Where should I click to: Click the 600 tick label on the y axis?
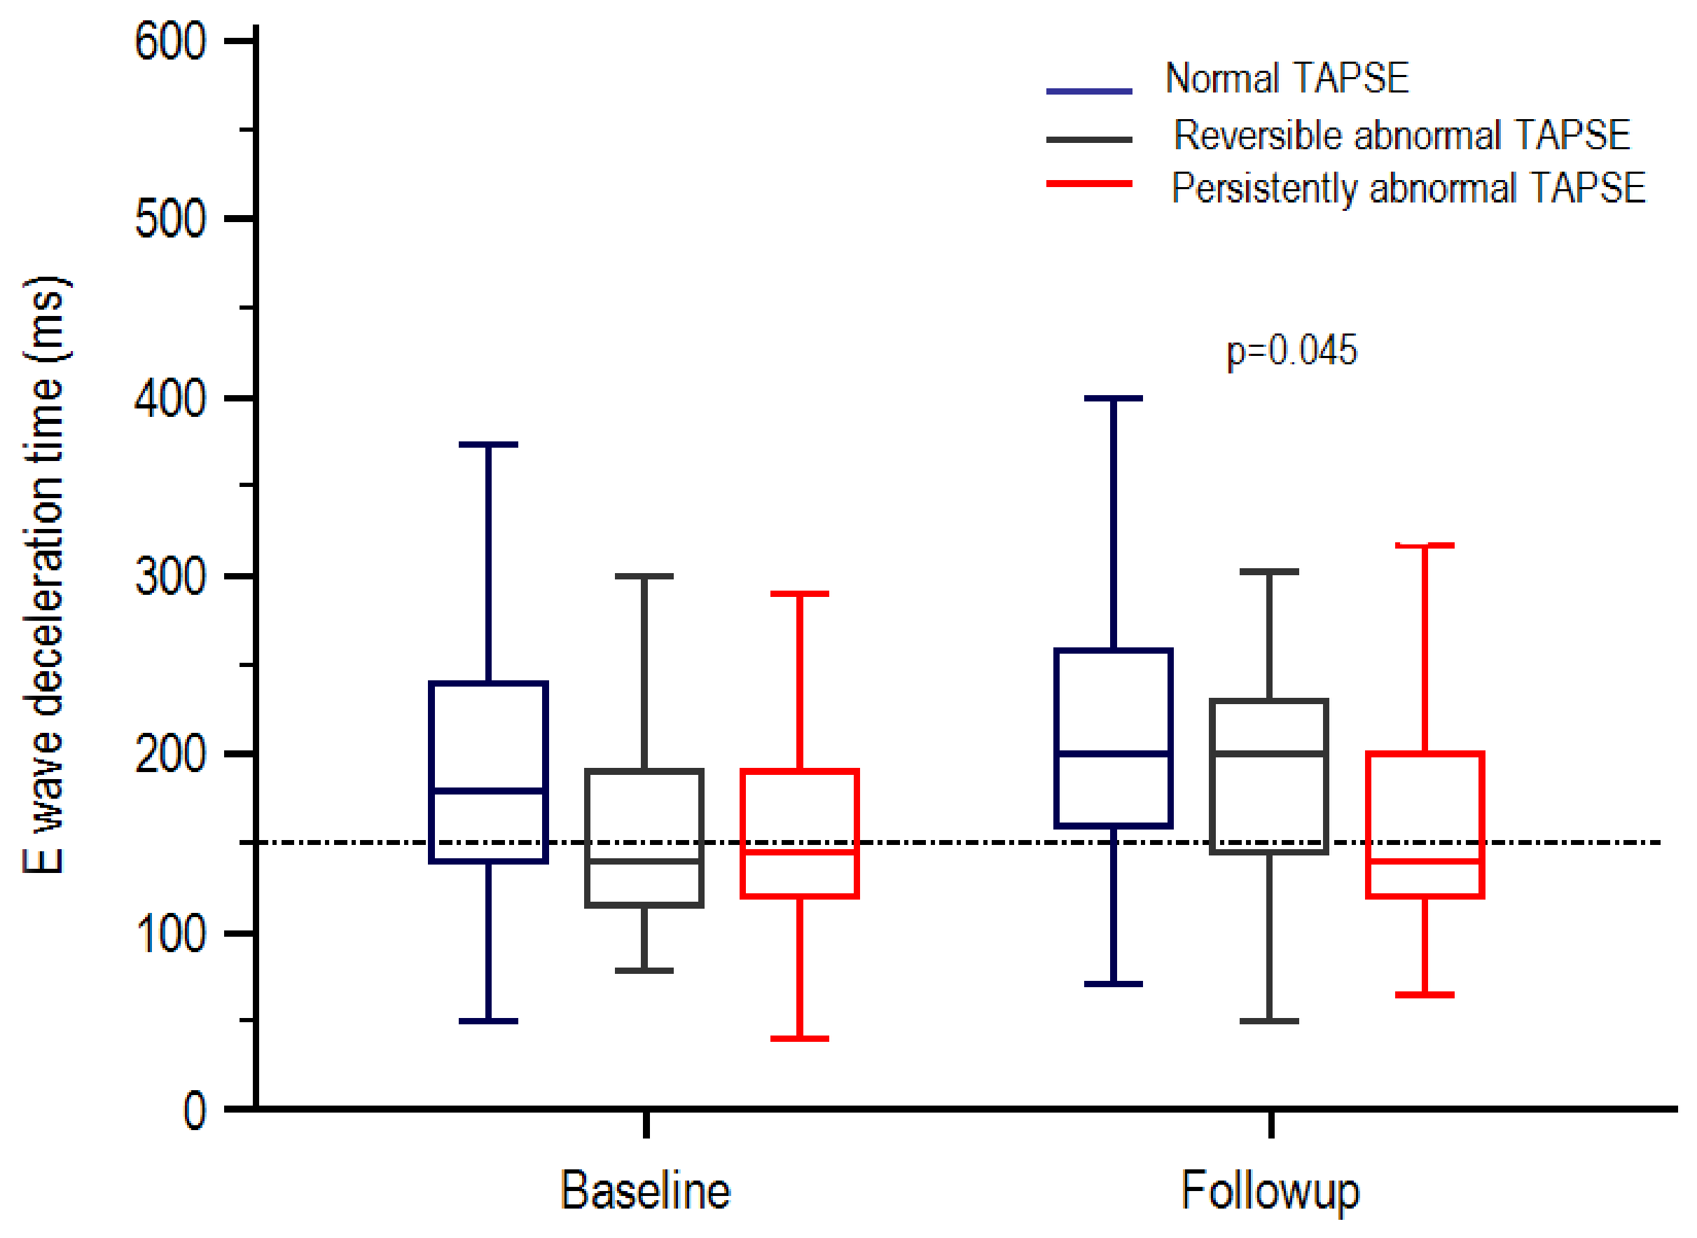[170, 41]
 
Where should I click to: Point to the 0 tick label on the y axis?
[195, 1111]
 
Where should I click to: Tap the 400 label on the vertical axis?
[170, 399]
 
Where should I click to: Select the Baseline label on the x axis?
[645, 1191]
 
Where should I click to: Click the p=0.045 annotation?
[1291, 351]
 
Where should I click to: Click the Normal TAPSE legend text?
[1287, 78]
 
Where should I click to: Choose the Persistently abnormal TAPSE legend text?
[1408, 188]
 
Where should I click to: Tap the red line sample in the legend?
[1088, 184]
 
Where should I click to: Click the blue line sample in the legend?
[1088, 91]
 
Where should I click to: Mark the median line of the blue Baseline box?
[488, 790]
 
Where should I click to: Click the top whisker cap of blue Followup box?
[1114, 399]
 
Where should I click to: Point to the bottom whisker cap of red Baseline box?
[799, 1038]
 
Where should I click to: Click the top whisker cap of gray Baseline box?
[644, 577]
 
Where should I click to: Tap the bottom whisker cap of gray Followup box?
[1269, 1022]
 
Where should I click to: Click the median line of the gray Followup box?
[1269, 754]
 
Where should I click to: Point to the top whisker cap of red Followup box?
[1425, 546]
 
